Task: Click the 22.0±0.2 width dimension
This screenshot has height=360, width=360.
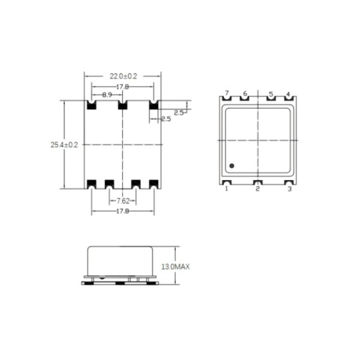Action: click(x=123, y=76)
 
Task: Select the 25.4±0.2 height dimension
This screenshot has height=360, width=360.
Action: click(x=64, y=145)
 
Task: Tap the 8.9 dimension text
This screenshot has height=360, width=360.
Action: click(x=107, y=95)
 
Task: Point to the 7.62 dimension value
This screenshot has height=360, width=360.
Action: click(x=123, y=201)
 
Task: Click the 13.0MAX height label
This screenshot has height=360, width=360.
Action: click(x=176, y=267)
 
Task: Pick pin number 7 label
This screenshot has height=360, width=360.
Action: click(x=227, y=93)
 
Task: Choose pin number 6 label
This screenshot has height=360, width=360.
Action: click(x=245, y=94)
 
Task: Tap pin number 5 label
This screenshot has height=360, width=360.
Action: click(x=271, y=94)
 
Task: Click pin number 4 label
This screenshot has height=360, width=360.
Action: click(x=289, y=94)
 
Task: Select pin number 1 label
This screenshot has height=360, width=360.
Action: click(x=227, y=189)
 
